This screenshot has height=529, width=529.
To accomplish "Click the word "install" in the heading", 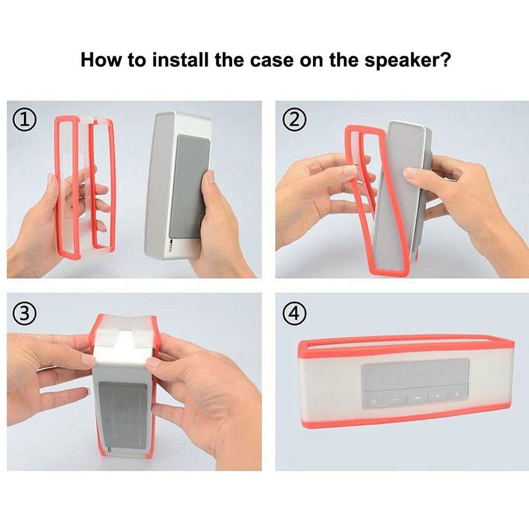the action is [180, 60].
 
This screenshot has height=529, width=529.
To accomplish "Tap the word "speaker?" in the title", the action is [407, 61].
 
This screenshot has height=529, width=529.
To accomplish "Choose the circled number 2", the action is [295, 120].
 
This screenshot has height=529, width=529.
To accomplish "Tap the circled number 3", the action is [24, 314].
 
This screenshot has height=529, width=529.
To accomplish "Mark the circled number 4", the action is [295, 314].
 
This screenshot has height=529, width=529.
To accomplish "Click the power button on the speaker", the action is [373, 402].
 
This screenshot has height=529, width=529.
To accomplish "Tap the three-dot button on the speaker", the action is [417, 398].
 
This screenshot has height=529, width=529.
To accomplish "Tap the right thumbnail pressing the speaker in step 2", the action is [410, 172].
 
